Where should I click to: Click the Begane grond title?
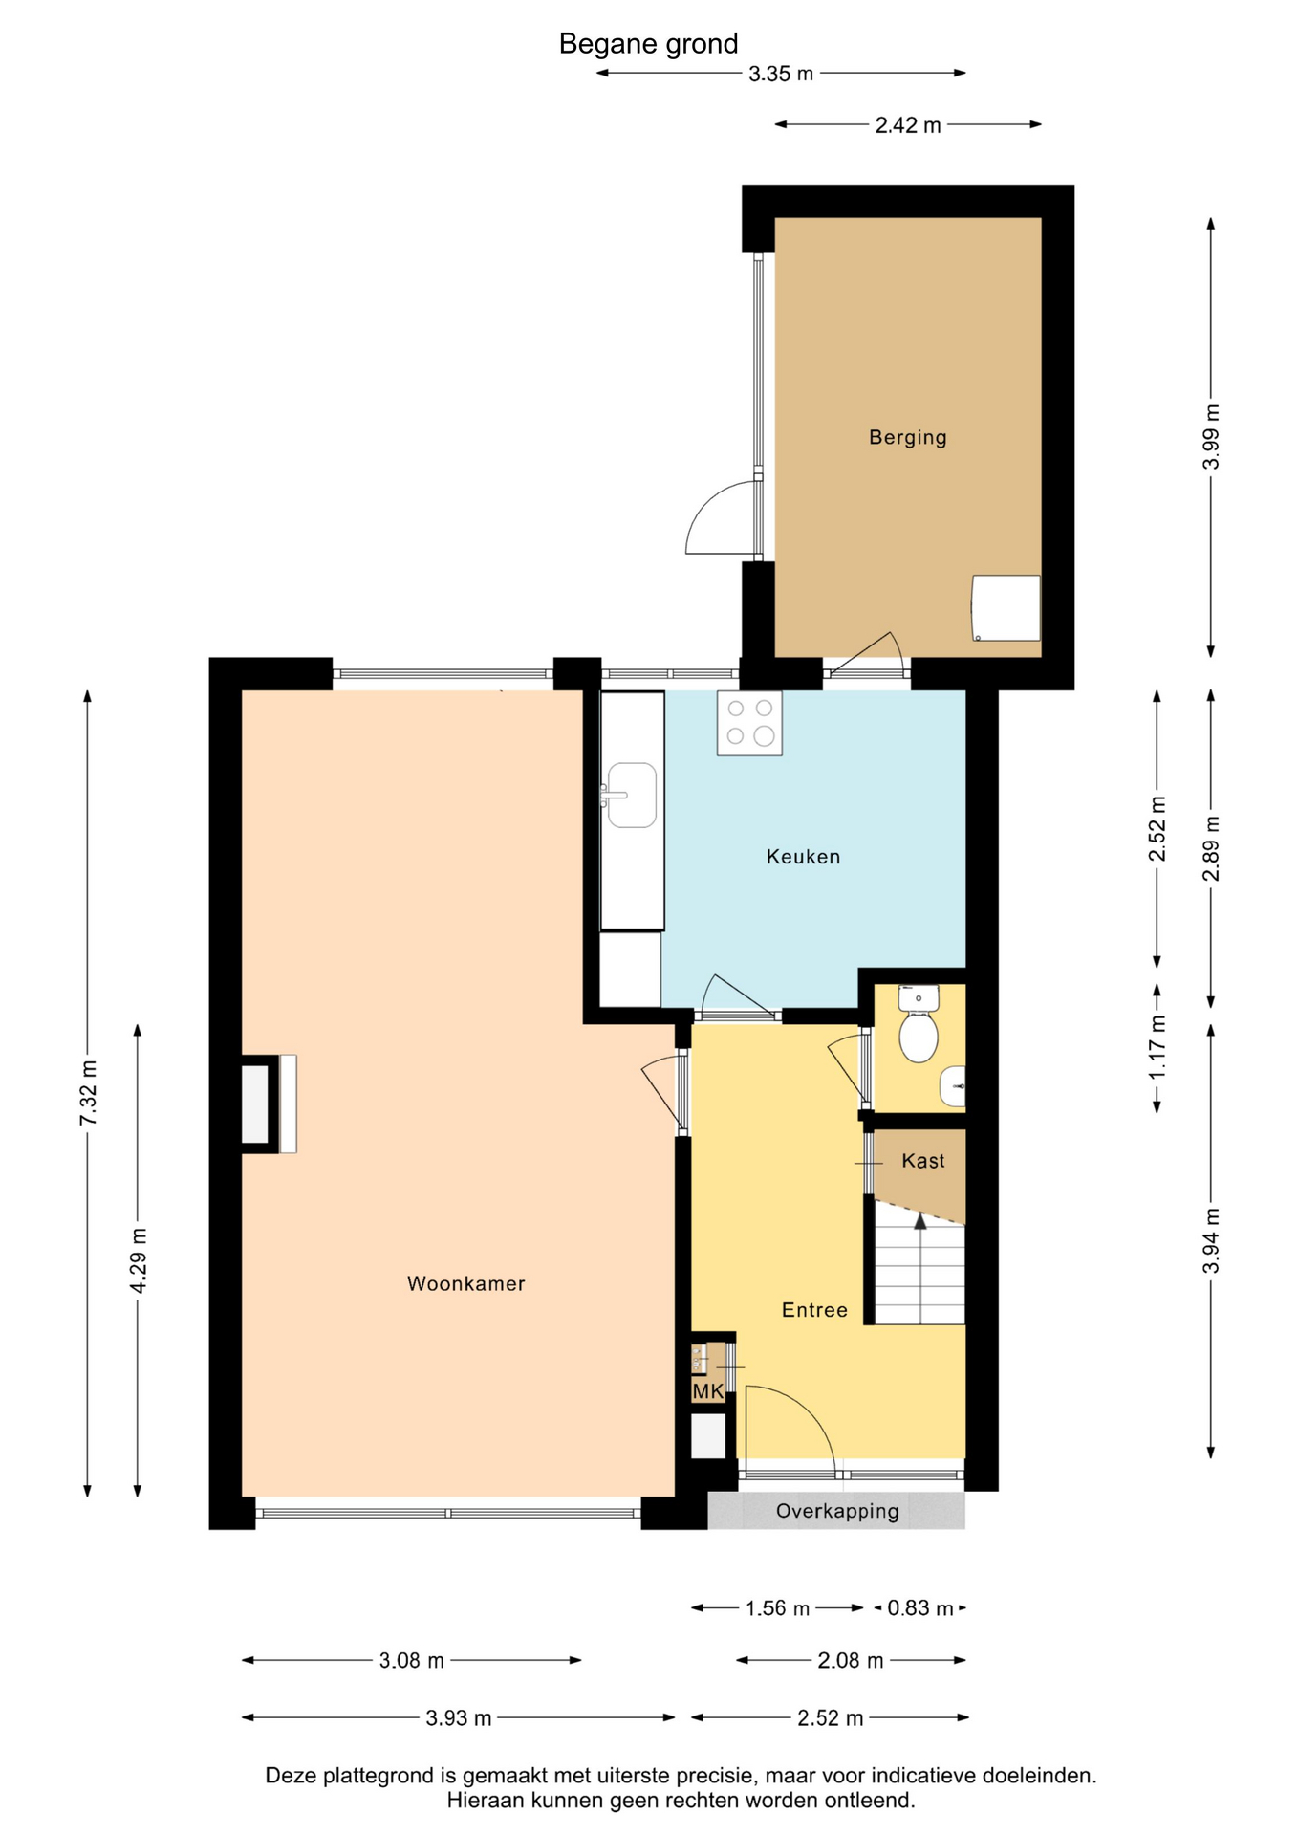tap(648, 44)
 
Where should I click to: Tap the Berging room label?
tap(907, 438)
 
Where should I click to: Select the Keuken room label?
tap(803, 857)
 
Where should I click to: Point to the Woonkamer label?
tap(466, 1283)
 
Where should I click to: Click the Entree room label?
tap(814, 1310)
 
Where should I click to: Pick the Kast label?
tap(923, 1161)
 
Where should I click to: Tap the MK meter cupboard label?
tap(708, 1391)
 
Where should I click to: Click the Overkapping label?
tap(837, 1511)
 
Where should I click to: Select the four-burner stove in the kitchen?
tap(749, 723)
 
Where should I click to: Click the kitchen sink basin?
tap(632, 795)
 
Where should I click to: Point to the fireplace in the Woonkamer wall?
tap(269, 1104)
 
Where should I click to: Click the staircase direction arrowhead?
tap(919, 1220)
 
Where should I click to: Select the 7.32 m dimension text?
tap(88, 1092)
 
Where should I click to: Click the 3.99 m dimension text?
tap(1211, 437)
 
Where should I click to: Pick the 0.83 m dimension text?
tap(920, 1608)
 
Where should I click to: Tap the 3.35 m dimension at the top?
tap(781, 74)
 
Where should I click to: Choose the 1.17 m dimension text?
tap(1157, 1047)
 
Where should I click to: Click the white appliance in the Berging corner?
tap(1006, 608)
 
